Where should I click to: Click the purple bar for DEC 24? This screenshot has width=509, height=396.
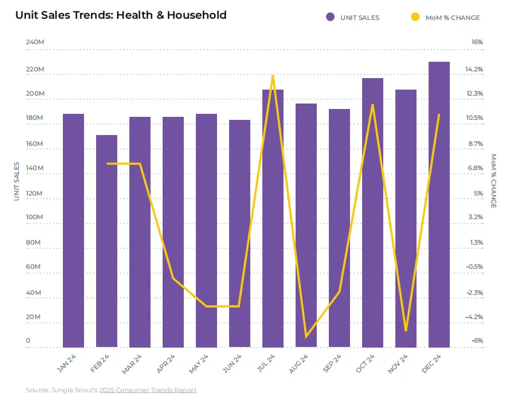[439, 205]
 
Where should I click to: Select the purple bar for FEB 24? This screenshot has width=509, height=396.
[106, 241]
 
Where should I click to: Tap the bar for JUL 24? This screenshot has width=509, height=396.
[273, 219]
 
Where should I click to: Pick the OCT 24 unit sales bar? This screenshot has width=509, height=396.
[372, 213]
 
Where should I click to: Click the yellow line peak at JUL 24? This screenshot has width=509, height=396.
[273, 76]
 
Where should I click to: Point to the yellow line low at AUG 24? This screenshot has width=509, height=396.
[306, 337]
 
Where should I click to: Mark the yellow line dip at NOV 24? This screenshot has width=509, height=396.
[406, 330]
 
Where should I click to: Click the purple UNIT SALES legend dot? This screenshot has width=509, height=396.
[330, 17]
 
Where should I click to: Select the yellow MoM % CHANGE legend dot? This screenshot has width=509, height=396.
[415, 17]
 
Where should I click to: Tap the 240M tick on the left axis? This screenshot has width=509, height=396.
[34, 42]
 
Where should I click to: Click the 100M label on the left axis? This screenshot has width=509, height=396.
[34, 217]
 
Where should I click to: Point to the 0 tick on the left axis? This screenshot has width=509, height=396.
[28, 340]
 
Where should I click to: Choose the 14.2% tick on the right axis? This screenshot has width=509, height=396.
[474, 69]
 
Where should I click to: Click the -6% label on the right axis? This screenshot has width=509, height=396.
[477, 340]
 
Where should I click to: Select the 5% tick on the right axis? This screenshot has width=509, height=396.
[479, 193]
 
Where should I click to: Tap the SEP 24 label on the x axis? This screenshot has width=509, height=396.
[332, 363]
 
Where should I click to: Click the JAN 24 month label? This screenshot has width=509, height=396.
[66, 363]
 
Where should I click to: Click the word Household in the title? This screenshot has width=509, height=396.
[196, 15]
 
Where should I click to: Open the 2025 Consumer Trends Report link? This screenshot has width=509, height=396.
[148, 390]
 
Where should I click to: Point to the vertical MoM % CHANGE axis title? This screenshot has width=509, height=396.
[493, 181]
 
